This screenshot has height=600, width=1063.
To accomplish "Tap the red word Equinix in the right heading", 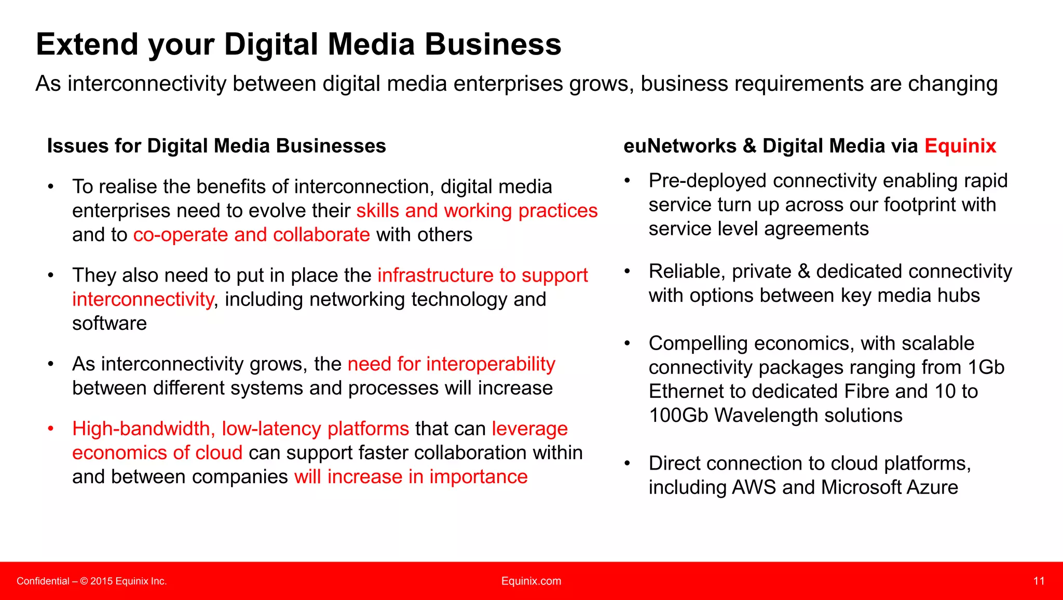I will (x=960, y=146).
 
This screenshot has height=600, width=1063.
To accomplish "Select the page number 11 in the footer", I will (x=1039, y=581).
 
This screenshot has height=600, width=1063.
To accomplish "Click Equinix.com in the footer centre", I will (x=531, y=581).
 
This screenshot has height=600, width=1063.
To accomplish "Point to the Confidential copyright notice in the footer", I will (x=91, y=581).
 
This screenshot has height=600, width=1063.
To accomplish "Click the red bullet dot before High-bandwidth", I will (x=50, y=429).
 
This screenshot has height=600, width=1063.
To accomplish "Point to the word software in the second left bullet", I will (x=110, y=324).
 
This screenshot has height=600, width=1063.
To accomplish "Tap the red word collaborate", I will (x=321, y=235).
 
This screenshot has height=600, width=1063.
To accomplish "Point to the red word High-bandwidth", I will (x=141, y=429).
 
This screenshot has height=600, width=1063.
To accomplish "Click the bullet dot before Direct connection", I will (x=627, y=463).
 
